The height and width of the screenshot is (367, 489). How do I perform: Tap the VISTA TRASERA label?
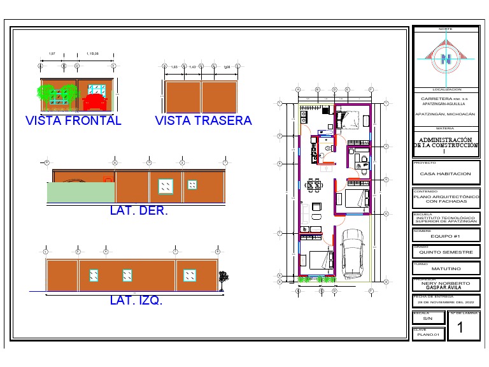[203, 120]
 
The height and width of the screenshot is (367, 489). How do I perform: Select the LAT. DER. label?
[139, 211]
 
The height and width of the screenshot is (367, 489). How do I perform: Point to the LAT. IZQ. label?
[136, 300]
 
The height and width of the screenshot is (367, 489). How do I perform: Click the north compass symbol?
[446, 57]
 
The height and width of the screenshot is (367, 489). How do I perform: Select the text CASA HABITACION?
[446, 173]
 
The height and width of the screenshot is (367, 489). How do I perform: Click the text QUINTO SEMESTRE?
[446, 252]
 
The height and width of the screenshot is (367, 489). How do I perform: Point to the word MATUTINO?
[446, 269]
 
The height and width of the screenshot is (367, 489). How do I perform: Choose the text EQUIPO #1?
[446, 236]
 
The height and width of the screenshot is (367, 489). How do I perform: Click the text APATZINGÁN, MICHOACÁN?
[446, 114]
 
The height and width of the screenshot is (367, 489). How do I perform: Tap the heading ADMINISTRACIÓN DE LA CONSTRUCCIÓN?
[446, 142]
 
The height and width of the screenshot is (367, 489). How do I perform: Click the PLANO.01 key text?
[428, 334]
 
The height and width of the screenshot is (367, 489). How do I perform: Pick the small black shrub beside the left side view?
[223, 277]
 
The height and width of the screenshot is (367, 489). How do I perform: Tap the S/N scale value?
[427, 318]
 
